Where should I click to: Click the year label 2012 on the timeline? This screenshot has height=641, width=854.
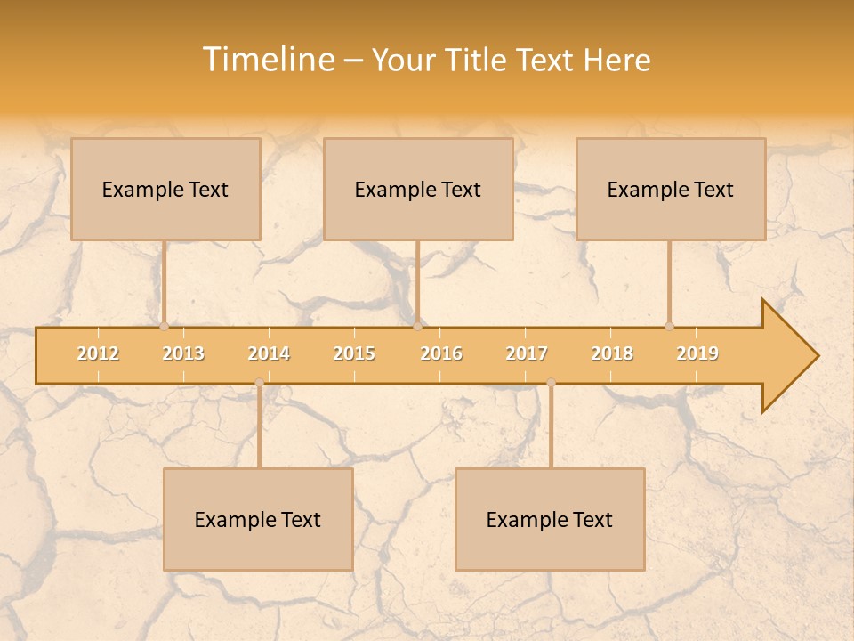pos(98,353)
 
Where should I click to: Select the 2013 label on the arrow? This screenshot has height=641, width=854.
pos(183,353)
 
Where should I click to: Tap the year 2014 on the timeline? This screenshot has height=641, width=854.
pos(269,353)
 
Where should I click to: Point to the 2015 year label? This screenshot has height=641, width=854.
pos(354,353)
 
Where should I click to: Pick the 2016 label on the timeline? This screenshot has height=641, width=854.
pos(441,353)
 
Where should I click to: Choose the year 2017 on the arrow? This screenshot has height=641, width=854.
pos(527,353)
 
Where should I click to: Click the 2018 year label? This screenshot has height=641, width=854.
pos(612,353)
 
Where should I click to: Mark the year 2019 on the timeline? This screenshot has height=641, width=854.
pos(697,353)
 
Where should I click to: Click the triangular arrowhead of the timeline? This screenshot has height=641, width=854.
pos(788,356)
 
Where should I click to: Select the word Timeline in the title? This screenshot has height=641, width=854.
pos(269,60)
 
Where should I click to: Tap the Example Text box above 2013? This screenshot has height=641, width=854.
pos(165,189)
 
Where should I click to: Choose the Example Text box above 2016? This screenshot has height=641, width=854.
pos(418,189)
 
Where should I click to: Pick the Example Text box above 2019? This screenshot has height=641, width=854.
pos(671,189)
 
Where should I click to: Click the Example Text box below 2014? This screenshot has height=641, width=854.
pos(258,519)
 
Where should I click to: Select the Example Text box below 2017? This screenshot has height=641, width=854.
pos(550,519)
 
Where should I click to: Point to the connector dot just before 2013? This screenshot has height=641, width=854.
pos(164,327)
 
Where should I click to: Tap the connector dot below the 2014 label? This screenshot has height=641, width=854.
pos(259,383)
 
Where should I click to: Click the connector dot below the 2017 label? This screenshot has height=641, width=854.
pos(551,383)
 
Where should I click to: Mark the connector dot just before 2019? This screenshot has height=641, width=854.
pos(669,327)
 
